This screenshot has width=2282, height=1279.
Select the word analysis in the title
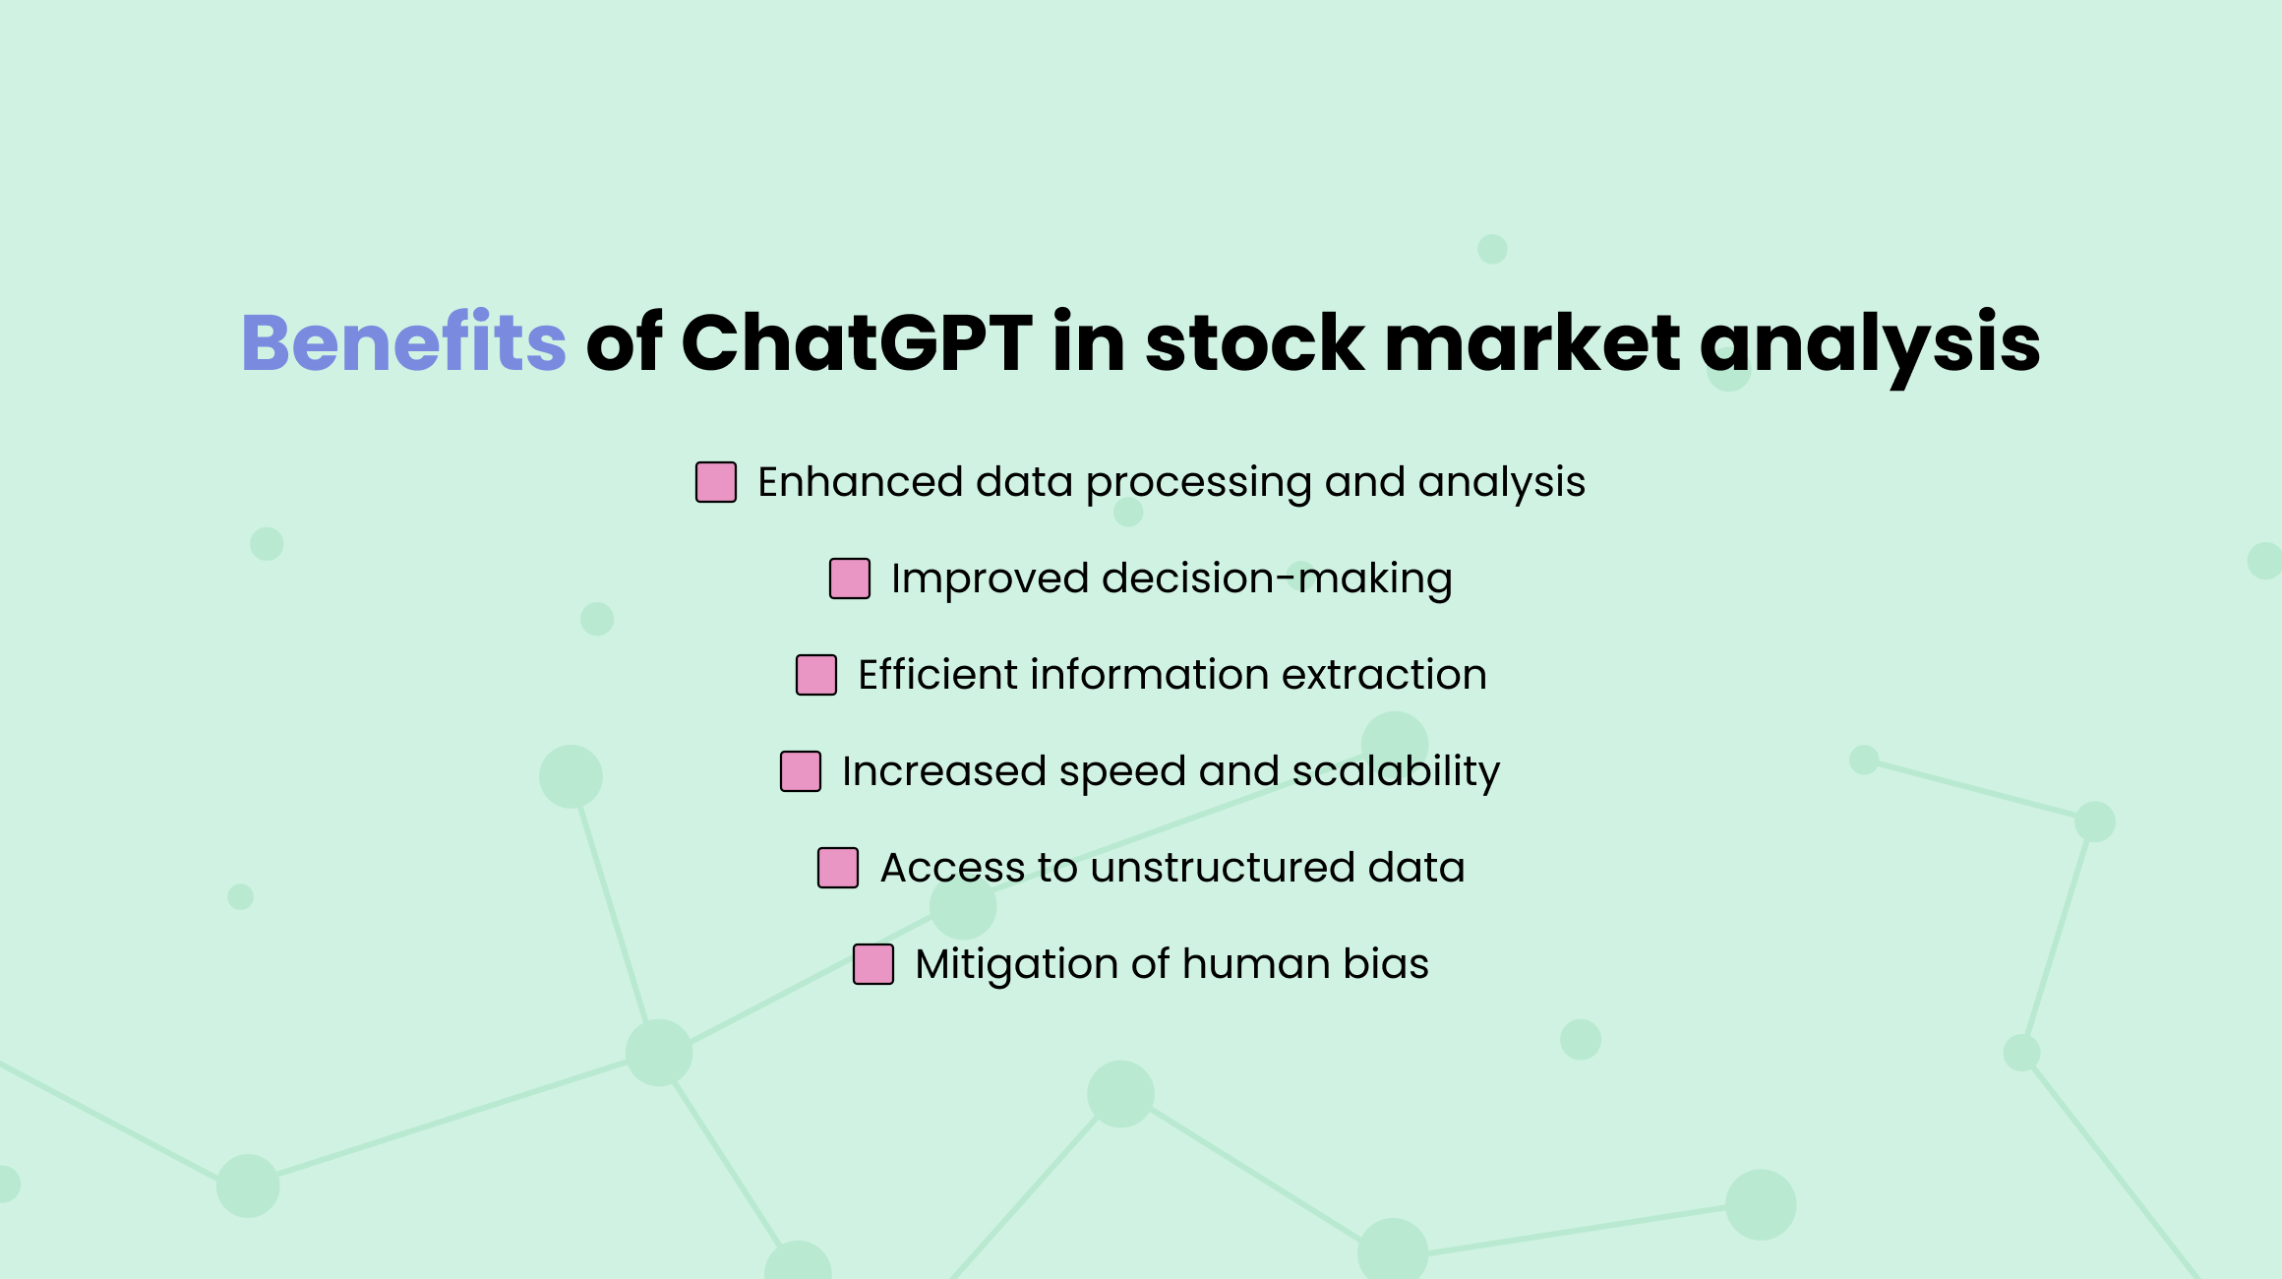pyautogui.click(x=1869, y=344)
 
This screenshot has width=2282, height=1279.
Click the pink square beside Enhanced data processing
pyautogui.click(x=716, y=482)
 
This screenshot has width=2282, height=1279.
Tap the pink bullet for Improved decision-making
pyautogui.click(x=850, y=579)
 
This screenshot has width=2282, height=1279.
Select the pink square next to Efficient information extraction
pyautogui.click(x=816, y=675)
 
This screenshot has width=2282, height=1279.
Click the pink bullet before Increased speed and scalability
pyautogui.click(x=801, y=771)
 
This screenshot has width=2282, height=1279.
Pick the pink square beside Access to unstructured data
pyautogui.click(x=838, y=868)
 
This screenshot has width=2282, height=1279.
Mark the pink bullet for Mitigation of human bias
pyautogui.click(x=873, y=964)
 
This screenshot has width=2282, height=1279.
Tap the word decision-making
pyautogui.click(x=1277, y=579)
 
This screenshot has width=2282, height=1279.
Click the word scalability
pyautogui.click(x=1396, y=771)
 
